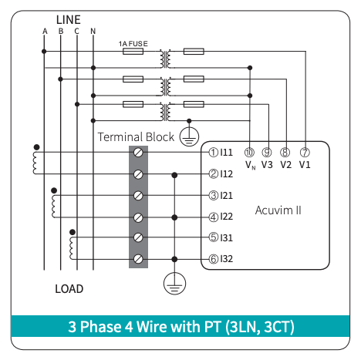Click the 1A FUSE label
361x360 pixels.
point(133,44)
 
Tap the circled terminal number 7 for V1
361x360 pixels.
point(305,153)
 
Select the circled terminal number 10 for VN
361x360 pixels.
point(249,153)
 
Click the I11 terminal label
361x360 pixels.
point(226,153)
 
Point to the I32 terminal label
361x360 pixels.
point(226,259)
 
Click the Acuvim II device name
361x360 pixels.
point(278,210)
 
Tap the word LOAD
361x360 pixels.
point(69,289)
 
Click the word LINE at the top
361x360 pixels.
point(69,20)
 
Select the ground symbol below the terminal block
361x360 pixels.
point(174,284)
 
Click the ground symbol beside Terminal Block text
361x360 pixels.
point(189,136)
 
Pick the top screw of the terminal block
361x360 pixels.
point(138,153)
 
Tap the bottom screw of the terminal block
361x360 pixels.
point(138,259)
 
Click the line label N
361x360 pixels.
point(93,31)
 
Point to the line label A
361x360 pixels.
point(45,31)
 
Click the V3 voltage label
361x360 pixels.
point(267,165)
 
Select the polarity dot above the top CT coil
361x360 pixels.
point(37,147)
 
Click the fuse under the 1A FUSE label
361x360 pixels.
point(133,52)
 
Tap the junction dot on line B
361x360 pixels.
point(60,79)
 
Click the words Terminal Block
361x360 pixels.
point(136,137)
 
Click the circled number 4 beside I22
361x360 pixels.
point(214,217)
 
